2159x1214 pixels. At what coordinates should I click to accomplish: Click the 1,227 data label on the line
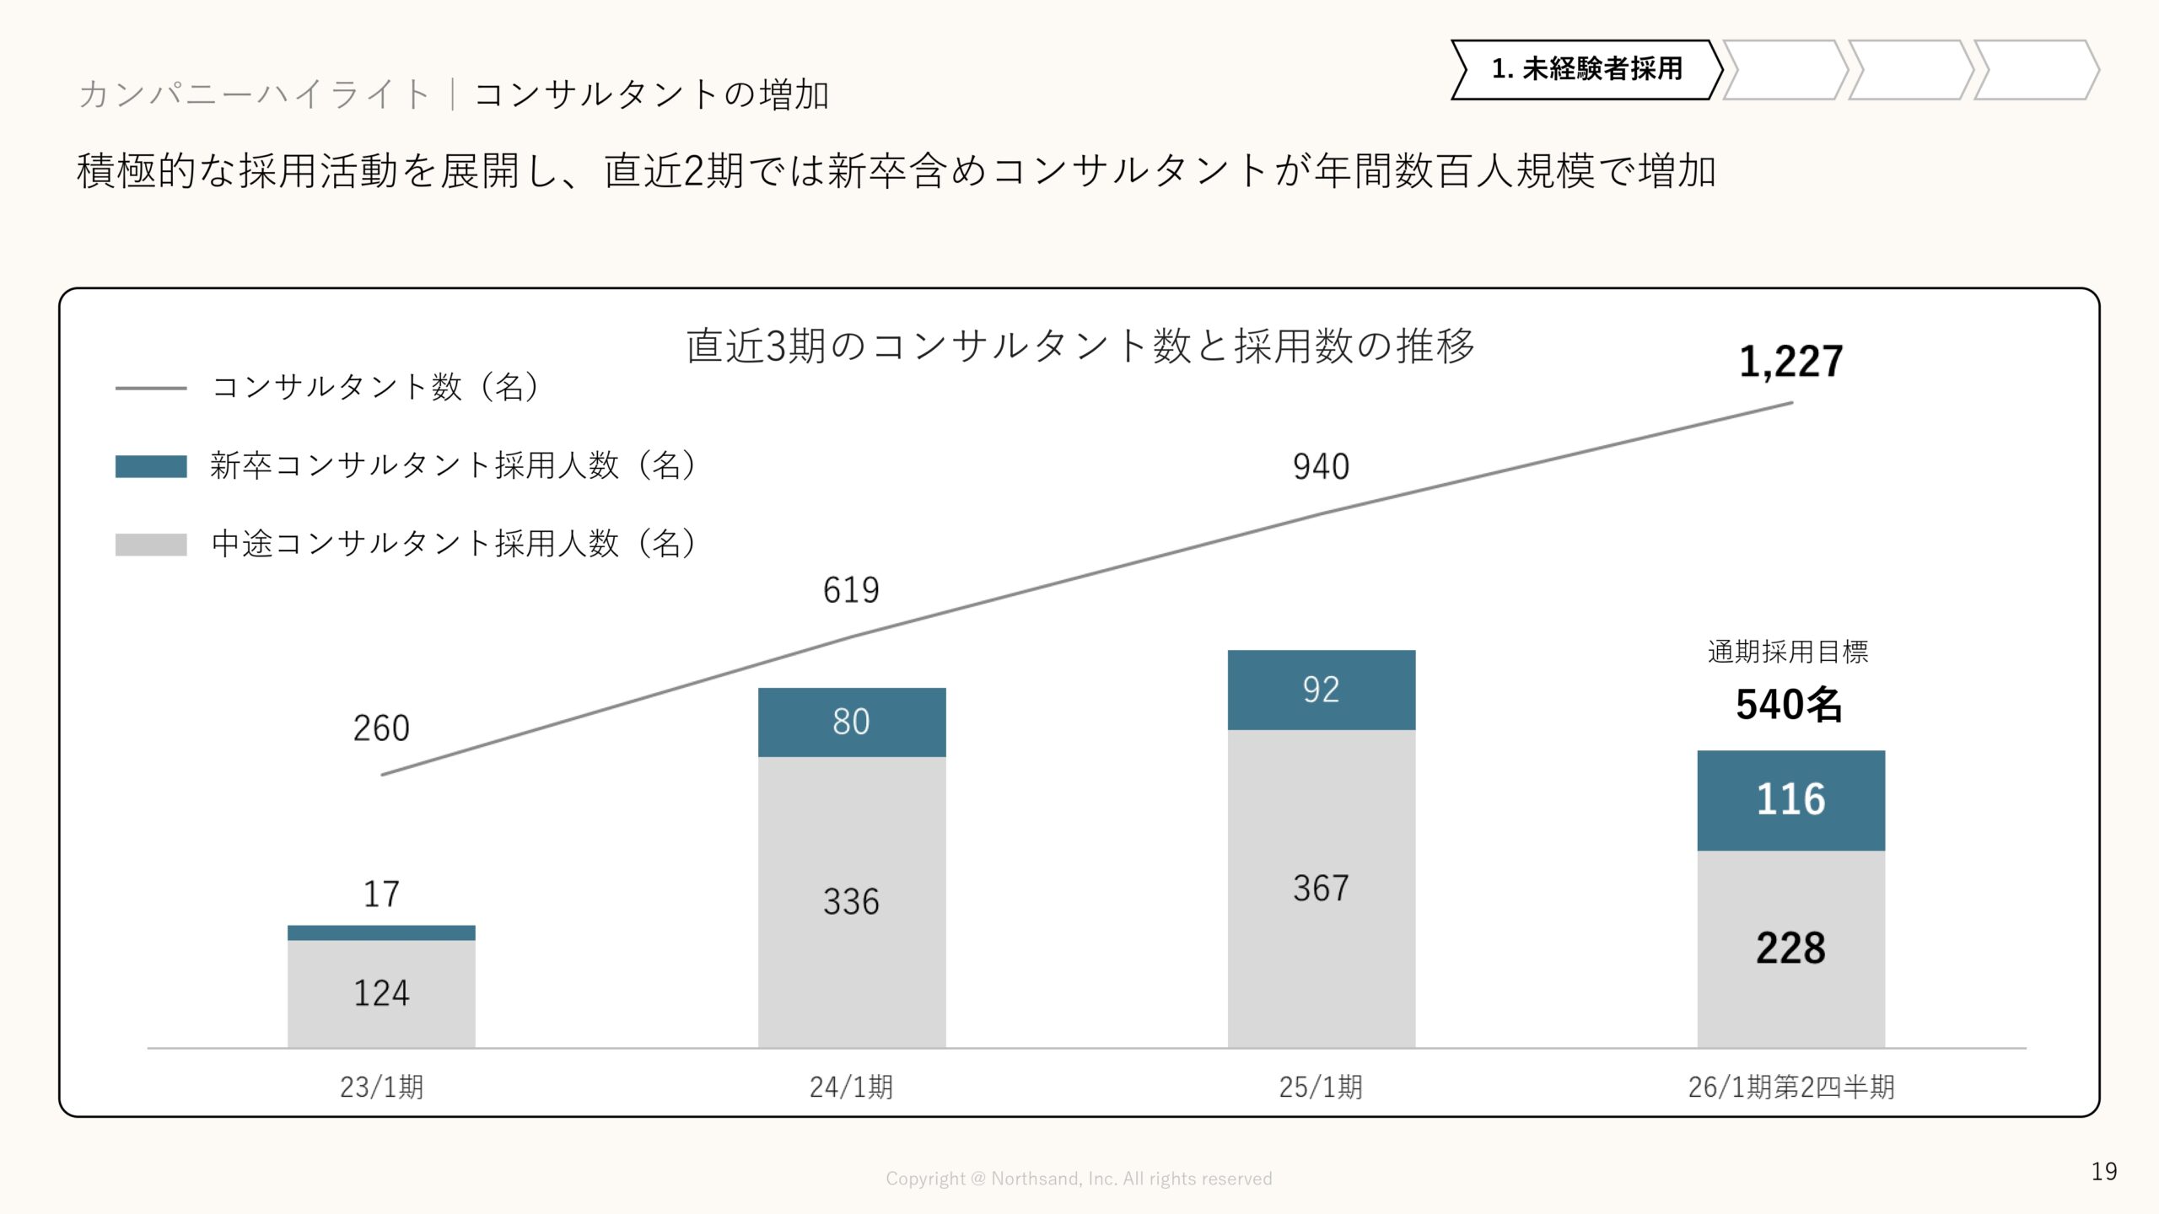[1790, 363]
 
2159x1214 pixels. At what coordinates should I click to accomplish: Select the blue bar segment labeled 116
[1790, 799]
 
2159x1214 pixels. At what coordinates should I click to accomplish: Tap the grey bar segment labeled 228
[1790, 948]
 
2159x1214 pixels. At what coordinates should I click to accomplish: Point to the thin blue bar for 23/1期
[381, 932]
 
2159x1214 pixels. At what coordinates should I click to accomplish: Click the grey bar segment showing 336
[852, 901]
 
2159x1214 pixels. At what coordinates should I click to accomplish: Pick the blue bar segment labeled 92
[1321, 690]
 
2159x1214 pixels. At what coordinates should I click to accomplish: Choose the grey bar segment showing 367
[1321, 888]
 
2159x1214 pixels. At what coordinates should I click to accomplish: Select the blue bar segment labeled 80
[852, 722]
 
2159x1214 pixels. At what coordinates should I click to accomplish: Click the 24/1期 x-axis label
[852, 1087]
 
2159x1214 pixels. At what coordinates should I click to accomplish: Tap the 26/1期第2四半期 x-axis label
[1790, 1087]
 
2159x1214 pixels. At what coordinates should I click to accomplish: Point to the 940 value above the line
[1321, 467]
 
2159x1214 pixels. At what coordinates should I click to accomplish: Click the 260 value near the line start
[381, 728]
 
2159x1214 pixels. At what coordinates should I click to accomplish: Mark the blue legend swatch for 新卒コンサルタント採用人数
[151, 466]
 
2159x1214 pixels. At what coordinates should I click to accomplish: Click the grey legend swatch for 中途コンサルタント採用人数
[151, 545]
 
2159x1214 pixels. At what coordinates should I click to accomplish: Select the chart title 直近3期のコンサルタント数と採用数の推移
[1079, 346]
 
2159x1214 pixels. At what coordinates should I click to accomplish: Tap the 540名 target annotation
[1789, 705]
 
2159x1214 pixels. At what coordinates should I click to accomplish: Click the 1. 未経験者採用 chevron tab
[1586, 69]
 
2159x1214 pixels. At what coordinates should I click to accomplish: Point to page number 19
[2103, 1172]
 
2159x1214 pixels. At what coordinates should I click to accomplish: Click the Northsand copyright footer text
[1079, 1179]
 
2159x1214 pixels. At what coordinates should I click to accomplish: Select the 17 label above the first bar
[381, 894]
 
